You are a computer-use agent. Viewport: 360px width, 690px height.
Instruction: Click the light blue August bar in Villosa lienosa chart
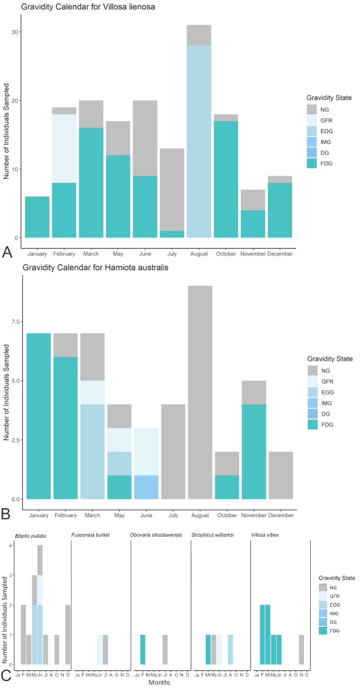point(199,141)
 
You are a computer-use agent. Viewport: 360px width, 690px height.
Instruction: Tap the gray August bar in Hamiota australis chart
point(199,392)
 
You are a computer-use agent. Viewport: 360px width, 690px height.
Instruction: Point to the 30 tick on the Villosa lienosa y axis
point(15,32)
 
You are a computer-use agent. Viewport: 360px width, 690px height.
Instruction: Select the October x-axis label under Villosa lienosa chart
point(226,254)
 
